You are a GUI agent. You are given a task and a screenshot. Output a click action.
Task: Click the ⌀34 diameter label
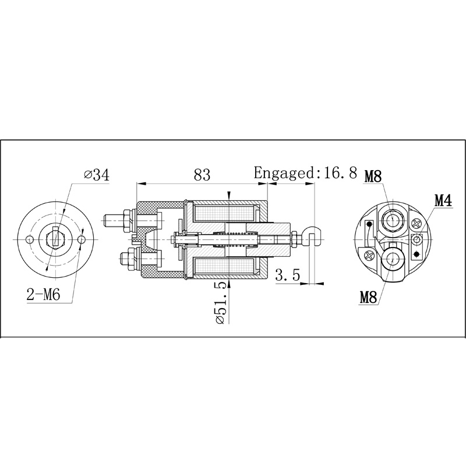(97, 175)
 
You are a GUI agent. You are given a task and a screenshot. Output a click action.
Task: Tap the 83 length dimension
(202, 174)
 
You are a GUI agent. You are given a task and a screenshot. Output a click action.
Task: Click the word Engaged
(283, 173)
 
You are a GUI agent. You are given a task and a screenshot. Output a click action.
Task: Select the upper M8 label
(374, 176)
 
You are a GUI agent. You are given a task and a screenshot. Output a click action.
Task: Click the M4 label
(443, 200)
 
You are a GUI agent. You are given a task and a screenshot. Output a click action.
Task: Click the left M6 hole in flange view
(29, 239)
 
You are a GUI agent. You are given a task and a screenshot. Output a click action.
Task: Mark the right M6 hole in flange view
(81, 239)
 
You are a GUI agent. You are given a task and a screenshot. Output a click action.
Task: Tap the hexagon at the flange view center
(55, 239)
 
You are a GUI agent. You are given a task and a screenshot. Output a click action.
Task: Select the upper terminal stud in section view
(116, 222)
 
